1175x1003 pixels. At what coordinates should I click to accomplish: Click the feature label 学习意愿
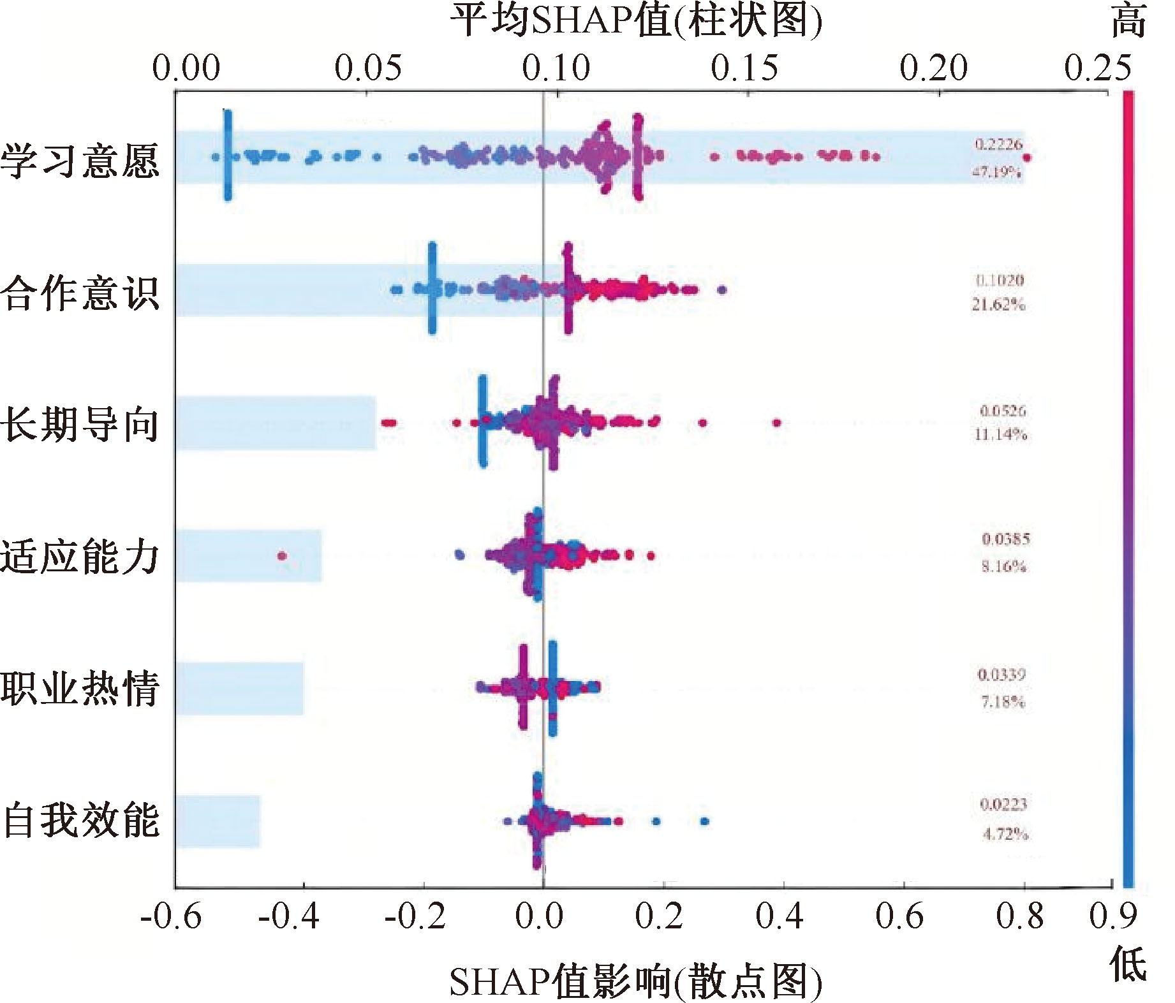[x=79, y=160]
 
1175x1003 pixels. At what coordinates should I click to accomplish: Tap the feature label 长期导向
[x=79, y=425]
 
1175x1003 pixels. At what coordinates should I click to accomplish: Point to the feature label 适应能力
[x=79, y=557]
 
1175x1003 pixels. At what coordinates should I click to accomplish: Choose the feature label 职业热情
[x=79, y=689]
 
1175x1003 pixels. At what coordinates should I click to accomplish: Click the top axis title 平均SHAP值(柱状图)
[x=635, y=20]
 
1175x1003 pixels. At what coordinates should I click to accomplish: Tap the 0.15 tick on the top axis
[x=744, y=68]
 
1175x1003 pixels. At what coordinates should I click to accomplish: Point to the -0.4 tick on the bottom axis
[x=289, y=917]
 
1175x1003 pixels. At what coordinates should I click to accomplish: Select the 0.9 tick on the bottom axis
[x=1113, y=917]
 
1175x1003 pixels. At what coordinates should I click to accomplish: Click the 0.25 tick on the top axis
[x=1098, y=68]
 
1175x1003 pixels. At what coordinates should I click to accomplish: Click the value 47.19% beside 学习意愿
[x=996, y=172]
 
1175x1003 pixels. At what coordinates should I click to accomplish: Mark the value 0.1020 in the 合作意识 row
[x=1000, y=280]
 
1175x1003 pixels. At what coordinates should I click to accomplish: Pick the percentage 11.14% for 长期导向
[x=1000, y=435]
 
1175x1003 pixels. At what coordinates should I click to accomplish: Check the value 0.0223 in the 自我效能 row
[x=1003, y=805]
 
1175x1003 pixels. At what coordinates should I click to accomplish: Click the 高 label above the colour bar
[x=1128, y=22]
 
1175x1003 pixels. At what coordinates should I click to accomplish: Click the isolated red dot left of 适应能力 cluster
[x=282, y=556]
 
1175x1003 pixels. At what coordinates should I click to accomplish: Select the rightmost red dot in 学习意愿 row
[x=1026, y=157]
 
